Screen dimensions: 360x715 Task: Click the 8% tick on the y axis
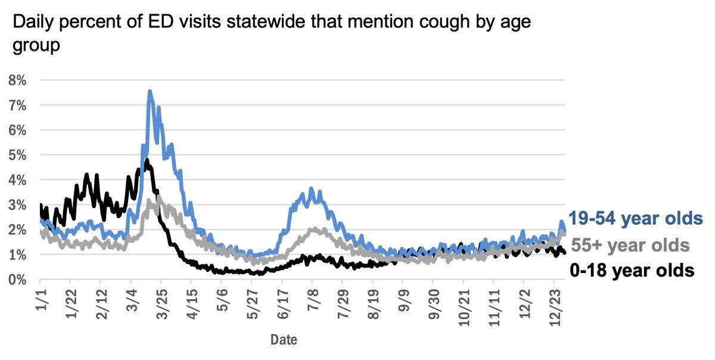[17, 80]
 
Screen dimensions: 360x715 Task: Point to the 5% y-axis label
[17, 155]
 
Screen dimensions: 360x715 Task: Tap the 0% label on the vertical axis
[17, 280]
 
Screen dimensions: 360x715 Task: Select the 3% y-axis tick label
[17, 205]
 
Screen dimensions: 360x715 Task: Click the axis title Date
[284, 340]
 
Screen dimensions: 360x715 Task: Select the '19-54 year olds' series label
[635, 218]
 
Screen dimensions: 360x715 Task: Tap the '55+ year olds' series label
[630, 245]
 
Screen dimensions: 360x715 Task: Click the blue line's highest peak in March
[150, 91]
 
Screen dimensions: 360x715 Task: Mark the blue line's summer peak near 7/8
[310, 189]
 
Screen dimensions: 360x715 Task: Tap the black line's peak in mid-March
[146, 160]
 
